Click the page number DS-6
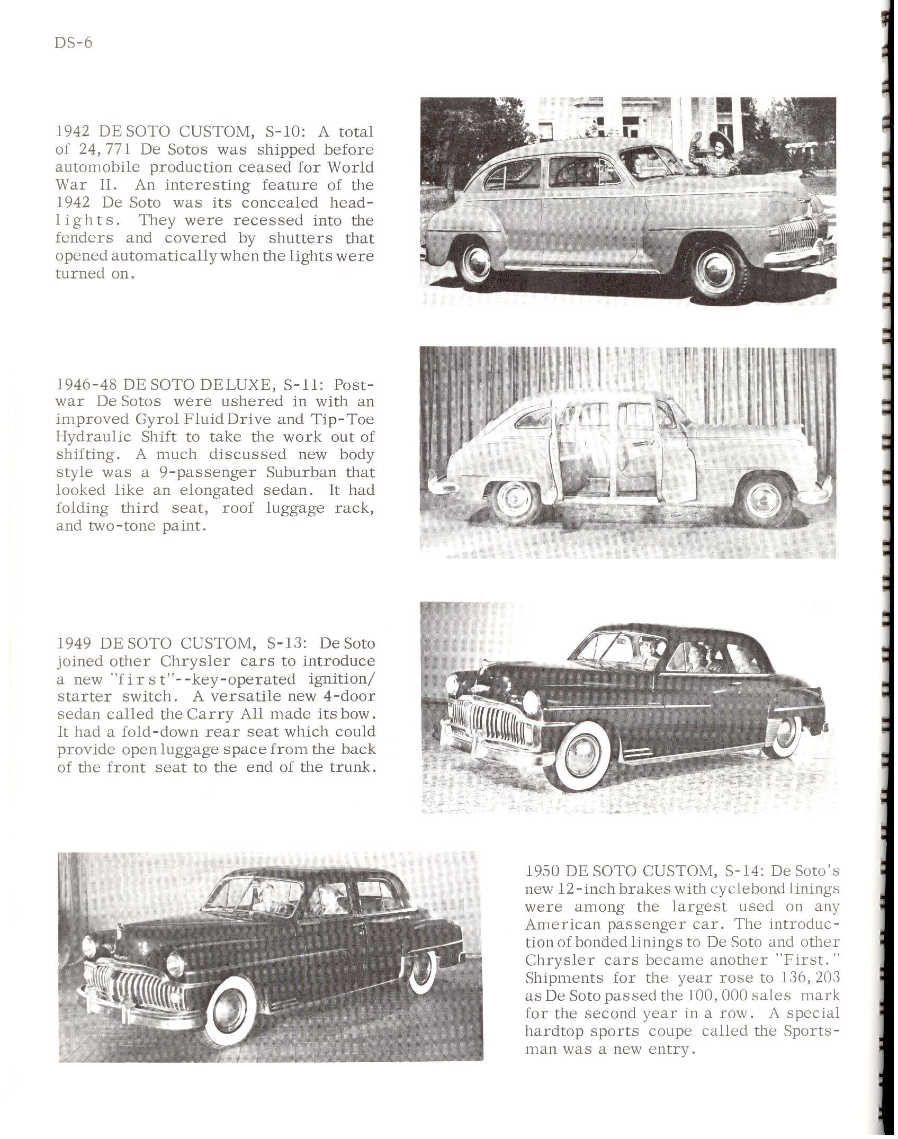(73, 42)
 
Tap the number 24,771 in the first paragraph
(98, 150)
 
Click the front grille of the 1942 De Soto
(798, 234)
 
